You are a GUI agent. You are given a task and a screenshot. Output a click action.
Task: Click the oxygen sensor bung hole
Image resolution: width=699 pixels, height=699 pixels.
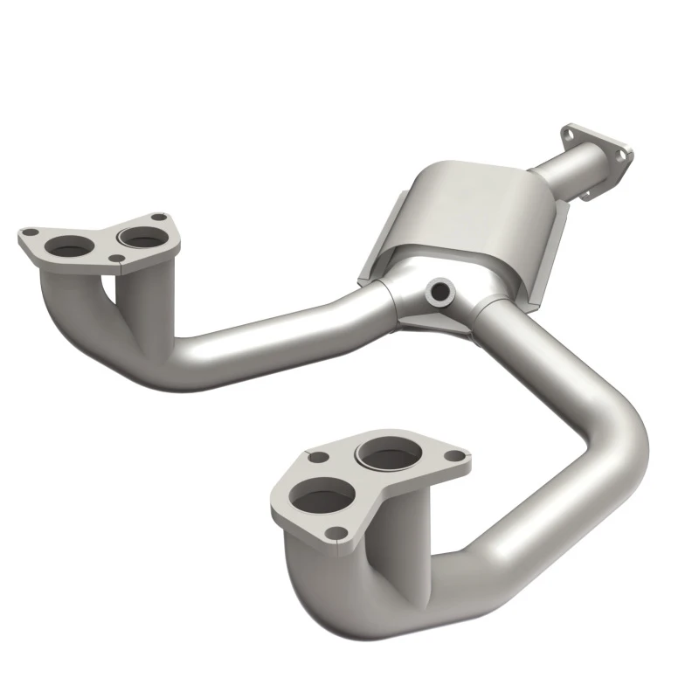439,288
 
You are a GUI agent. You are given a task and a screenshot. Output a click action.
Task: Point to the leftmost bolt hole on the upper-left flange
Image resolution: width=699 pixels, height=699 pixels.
28,234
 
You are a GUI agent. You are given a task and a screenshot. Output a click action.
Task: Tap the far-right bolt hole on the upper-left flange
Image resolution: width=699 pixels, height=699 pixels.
158,218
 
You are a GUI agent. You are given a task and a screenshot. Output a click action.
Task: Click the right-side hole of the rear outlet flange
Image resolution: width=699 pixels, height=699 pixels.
622,154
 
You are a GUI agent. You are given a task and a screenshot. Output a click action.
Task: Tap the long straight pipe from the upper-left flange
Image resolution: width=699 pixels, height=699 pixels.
262,328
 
